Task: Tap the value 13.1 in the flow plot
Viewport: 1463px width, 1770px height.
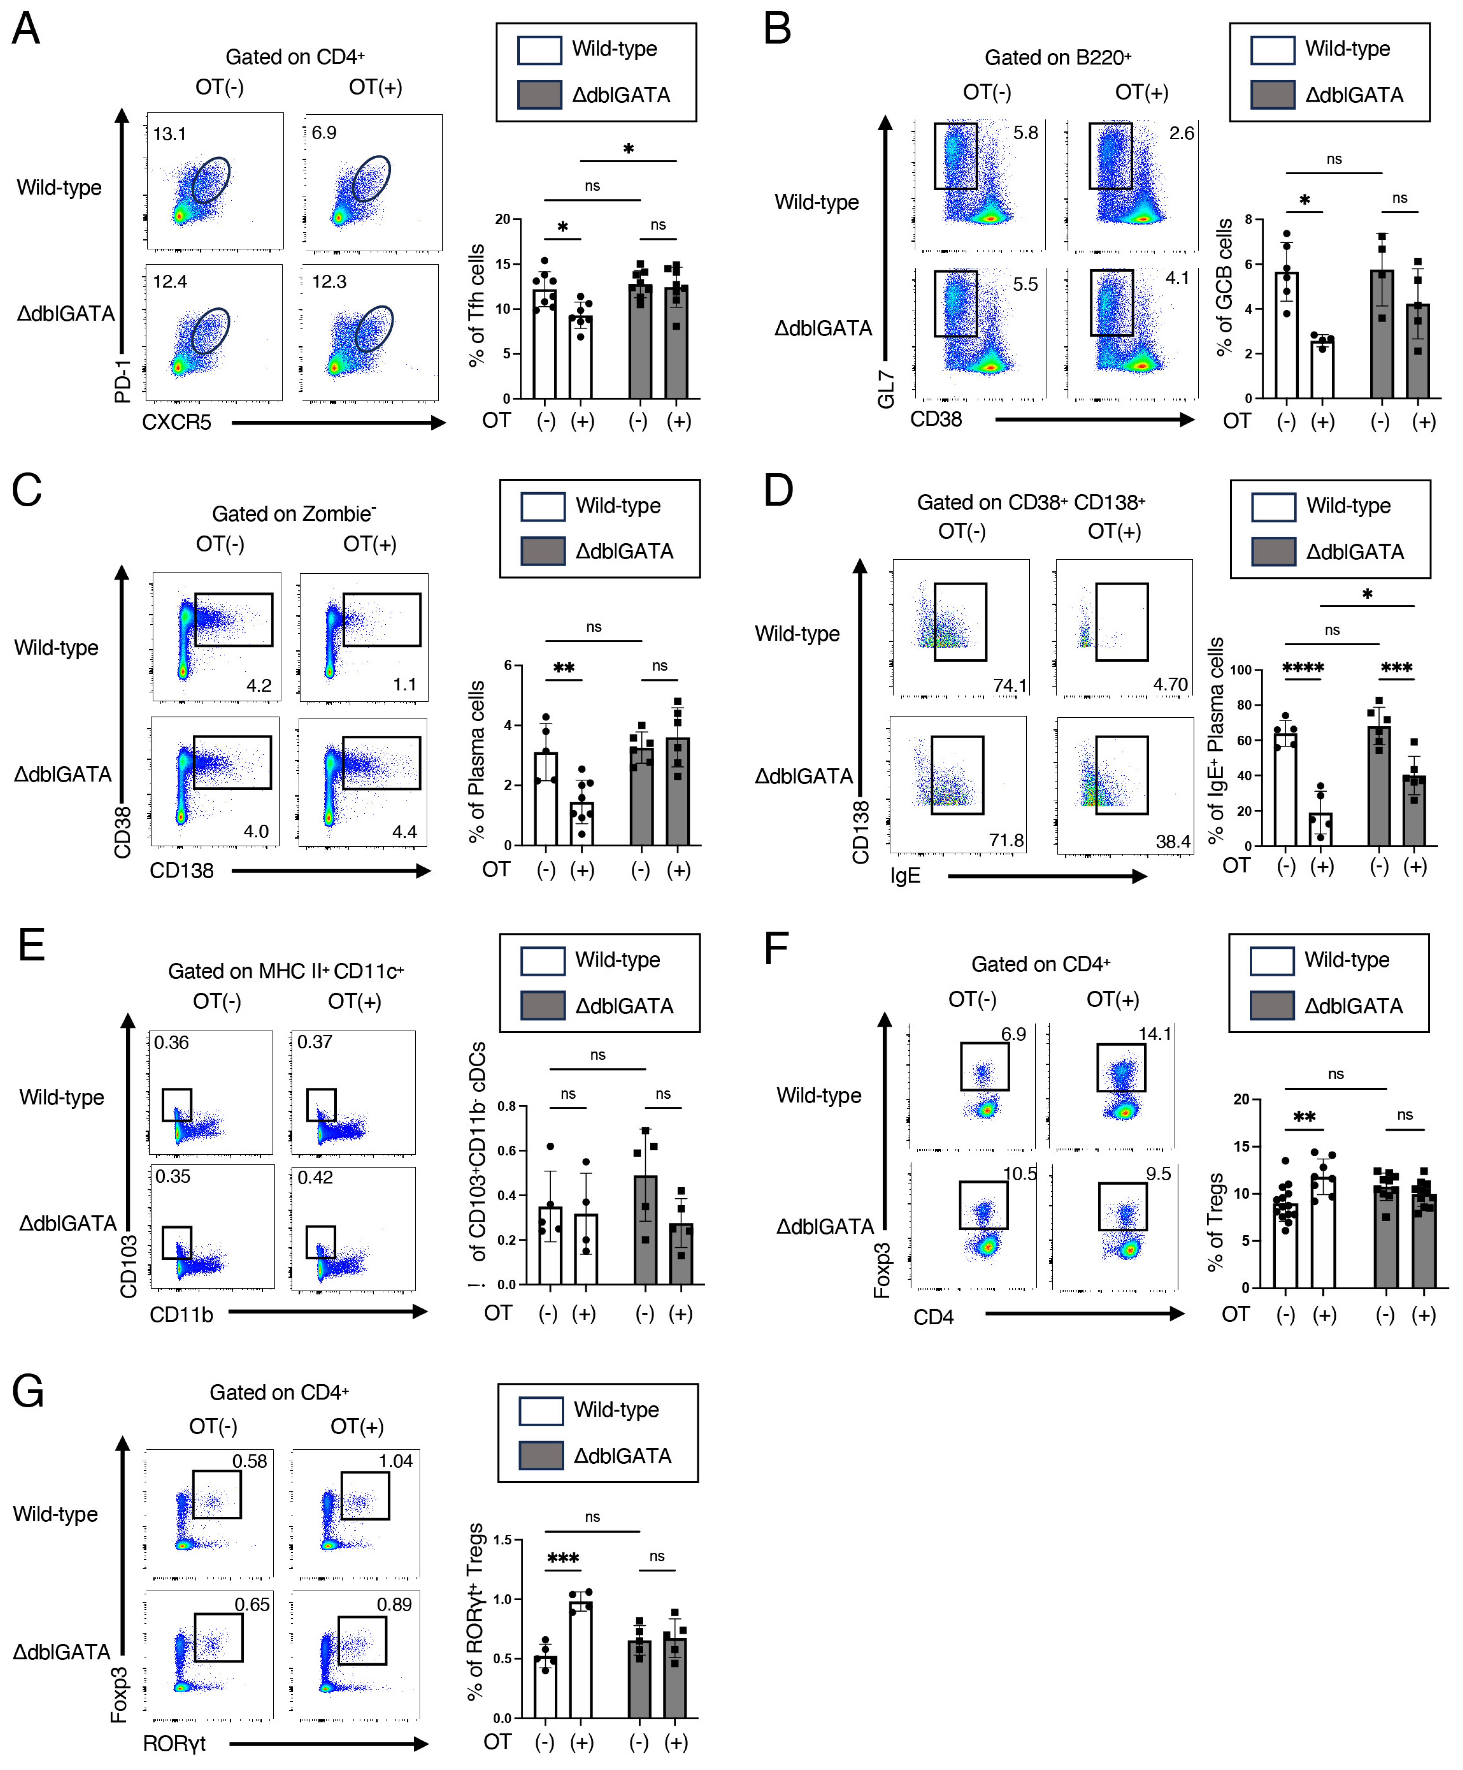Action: coord(169,133)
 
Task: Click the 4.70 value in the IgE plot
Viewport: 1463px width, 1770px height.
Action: coord(1170,684)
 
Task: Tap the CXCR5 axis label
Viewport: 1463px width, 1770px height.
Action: coord(176,422)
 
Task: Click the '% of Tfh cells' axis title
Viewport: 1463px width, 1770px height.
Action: coord(476,305)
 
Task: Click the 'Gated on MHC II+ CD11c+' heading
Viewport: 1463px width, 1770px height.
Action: coord(286,971)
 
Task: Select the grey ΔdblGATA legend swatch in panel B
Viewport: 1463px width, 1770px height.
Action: coord(1272,95)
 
